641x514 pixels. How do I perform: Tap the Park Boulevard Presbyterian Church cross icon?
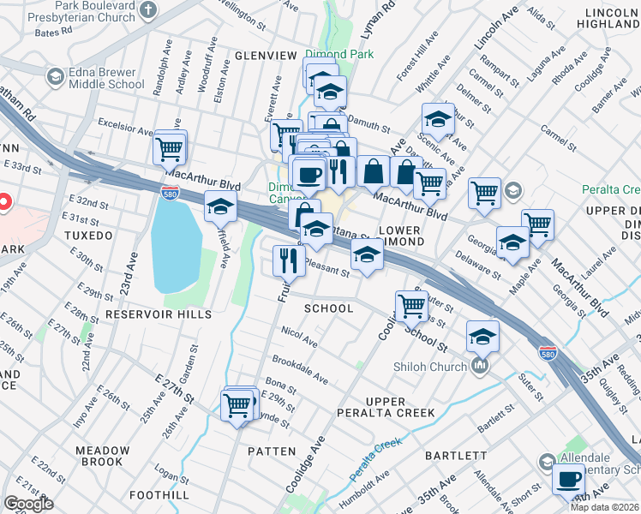point(148,10)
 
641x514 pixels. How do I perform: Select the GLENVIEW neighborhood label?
point(266,56)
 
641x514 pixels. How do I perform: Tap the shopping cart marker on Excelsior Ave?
point(170,149)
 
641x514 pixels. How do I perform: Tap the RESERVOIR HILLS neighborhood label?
point(152,315)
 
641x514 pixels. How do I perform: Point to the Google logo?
point(28,504)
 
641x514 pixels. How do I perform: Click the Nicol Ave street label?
point(299,337)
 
